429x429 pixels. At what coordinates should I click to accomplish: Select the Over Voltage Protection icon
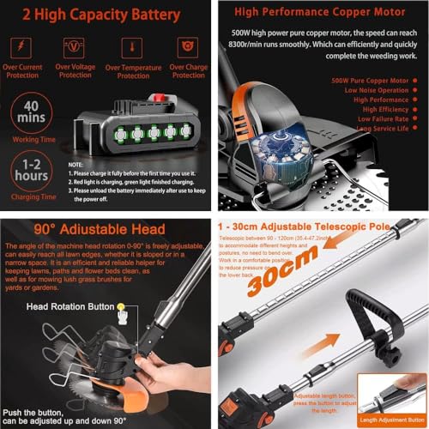click(x=75, y=46)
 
